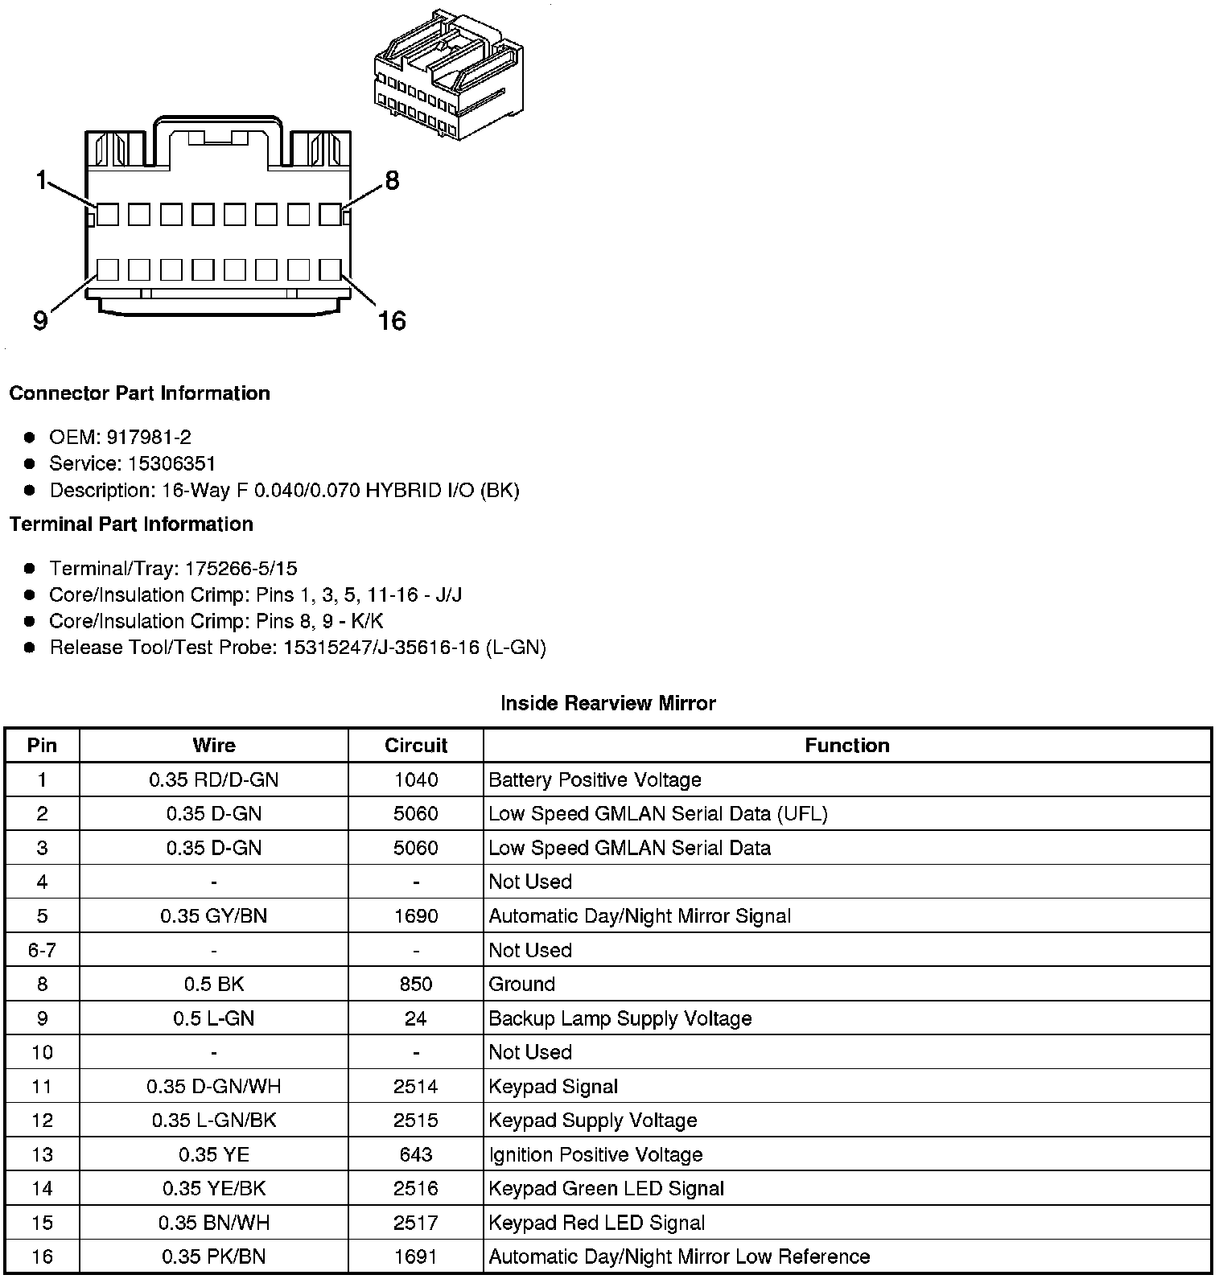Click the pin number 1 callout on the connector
[x=41, y=180]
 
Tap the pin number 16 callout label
[x=392, y=322]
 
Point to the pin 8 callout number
[x=392, y=180]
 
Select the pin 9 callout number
[x=40, y=322]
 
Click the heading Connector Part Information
[x=139, y=393]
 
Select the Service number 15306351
[x=172, y=464]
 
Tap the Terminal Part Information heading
[x=131, y=524]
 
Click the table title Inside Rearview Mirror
[x=607, y=704]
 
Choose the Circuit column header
[x=416, y=746]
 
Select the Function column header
[x=847, y=746]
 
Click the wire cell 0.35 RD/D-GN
[x=214, y=779]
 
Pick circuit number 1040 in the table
[x=416, y=779]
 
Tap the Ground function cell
[x=522, y=984]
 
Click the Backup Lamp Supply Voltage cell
[x=620, y=1018]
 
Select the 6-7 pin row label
[x=42, y=950]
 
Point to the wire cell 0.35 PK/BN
[x=214, y=1256]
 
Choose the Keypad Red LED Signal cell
[x=597, y=1223]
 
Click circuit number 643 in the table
[x=416, y=1154]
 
